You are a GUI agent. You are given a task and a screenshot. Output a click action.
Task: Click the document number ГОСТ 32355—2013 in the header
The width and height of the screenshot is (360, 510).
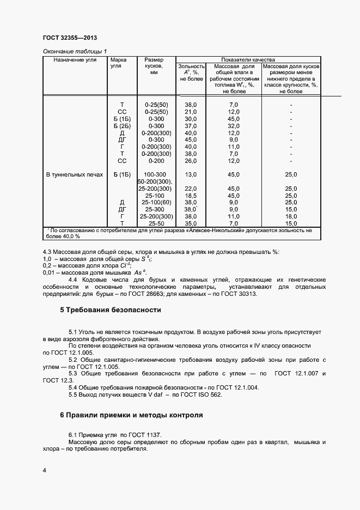coord(70,39)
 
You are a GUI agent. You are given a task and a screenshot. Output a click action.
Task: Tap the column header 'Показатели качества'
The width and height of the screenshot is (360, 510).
coord(248,59)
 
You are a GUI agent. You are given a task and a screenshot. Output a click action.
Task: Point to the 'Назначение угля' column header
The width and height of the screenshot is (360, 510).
coord(75,59)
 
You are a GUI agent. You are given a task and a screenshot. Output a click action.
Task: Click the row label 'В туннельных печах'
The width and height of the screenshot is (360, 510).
coord(74,174)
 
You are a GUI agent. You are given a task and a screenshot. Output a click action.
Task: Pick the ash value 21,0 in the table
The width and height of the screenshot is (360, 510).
coord(191,111)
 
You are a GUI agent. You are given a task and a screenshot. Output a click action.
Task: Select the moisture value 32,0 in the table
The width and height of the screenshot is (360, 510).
coord(234,125)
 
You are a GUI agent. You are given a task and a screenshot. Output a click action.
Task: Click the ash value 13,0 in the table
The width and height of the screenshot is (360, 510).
coord(191,174)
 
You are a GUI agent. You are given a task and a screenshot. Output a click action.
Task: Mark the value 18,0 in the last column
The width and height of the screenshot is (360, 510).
coord(291,216)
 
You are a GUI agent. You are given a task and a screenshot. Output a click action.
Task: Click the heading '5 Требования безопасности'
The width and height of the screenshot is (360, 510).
coord(111,310)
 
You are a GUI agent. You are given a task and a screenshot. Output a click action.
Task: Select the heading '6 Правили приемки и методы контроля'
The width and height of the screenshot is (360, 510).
coord(131,415)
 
